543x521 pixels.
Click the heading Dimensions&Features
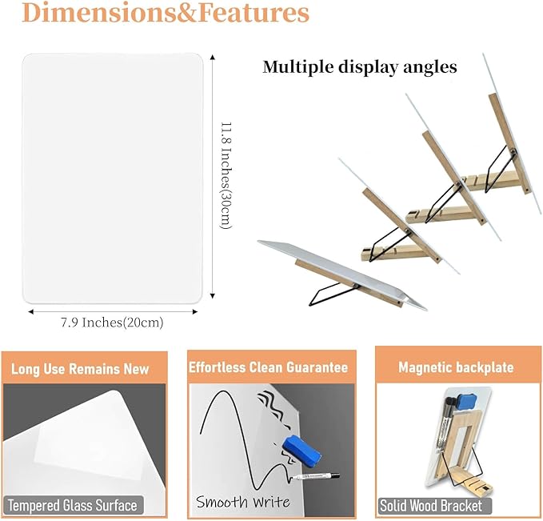coord(166,13)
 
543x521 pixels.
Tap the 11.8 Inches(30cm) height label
coord(226,175)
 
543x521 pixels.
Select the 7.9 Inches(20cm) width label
coord(112,323)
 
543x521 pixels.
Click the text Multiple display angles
coord(360,66)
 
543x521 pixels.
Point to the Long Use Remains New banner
coord(80,369)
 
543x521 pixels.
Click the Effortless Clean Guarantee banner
coord(268,367)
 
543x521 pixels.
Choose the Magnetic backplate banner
coord(456,367)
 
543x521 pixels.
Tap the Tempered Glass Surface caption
coord(73,506)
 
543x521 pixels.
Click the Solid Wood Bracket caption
coord(431,506)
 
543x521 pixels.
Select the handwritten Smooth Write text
coord(243,502)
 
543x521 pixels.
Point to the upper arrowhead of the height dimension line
coord(213,57)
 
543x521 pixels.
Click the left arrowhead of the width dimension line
coord(31,311)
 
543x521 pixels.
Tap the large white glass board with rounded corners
coord(112,178)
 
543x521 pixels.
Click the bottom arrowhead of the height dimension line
coord(213,295)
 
